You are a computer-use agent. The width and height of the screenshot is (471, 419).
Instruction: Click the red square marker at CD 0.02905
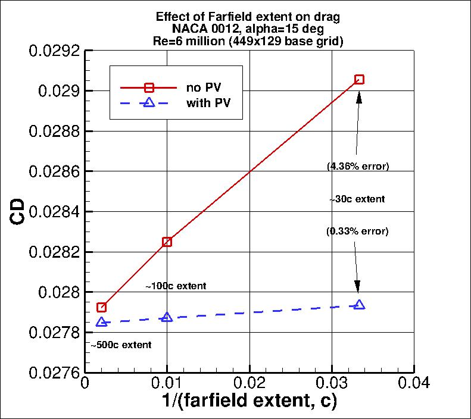359,79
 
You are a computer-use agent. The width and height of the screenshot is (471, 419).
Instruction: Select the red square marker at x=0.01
167,242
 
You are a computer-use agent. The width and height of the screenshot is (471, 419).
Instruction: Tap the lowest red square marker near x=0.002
102,307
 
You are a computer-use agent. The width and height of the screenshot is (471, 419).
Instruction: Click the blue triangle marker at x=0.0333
359,305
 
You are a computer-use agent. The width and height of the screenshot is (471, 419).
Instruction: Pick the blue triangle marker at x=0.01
167,317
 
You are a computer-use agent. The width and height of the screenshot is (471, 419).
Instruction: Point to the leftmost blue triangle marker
102,322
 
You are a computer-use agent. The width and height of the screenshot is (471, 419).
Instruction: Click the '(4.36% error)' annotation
358,166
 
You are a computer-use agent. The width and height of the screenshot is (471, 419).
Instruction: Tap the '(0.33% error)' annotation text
357,231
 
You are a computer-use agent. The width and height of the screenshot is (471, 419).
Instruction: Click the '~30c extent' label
357,199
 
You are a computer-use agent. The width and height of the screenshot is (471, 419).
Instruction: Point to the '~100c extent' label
176,286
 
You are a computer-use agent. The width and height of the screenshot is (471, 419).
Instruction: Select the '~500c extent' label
121,345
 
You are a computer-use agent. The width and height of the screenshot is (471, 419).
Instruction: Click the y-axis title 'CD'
19,212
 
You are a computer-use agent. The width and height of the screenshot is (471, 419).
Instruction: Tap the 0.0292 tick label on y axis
54,51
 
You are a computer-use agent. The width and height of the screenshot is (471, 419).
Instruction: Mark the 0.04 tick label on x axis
414,384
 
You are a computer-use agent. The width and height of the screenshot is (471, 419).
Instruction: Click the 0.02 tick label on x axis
249,384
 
